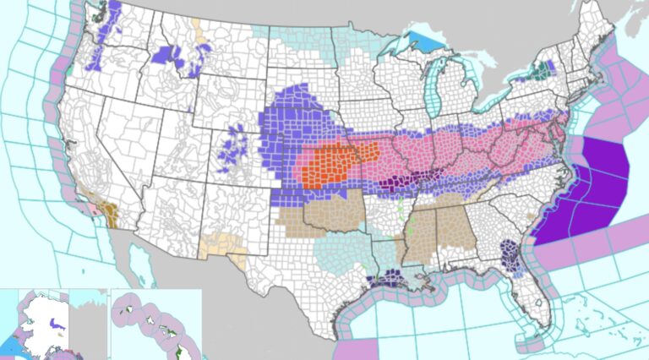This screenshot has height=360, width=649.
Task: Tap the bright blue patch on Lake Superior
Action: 419,43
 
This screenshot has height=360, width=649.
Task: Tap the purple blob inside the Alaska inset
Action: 55,324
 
